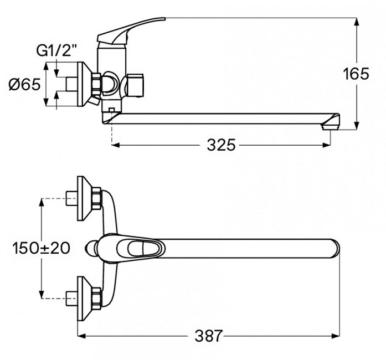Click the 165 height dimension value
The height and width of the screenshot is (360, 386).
(356, 74)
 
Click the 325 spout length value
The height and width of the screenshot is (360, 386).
(221, 145)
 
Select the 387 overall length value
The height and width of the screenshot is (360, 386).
(209, 336)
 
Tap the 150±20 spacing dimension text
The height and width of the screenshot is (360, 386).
(41, 248)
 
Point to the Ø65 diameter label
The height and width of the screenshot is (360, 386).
(24, 84)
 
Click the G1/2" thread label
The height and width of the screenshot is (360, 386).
(56, 50)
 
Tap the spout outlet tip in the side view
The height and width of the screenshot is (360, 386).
(331, 126)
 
